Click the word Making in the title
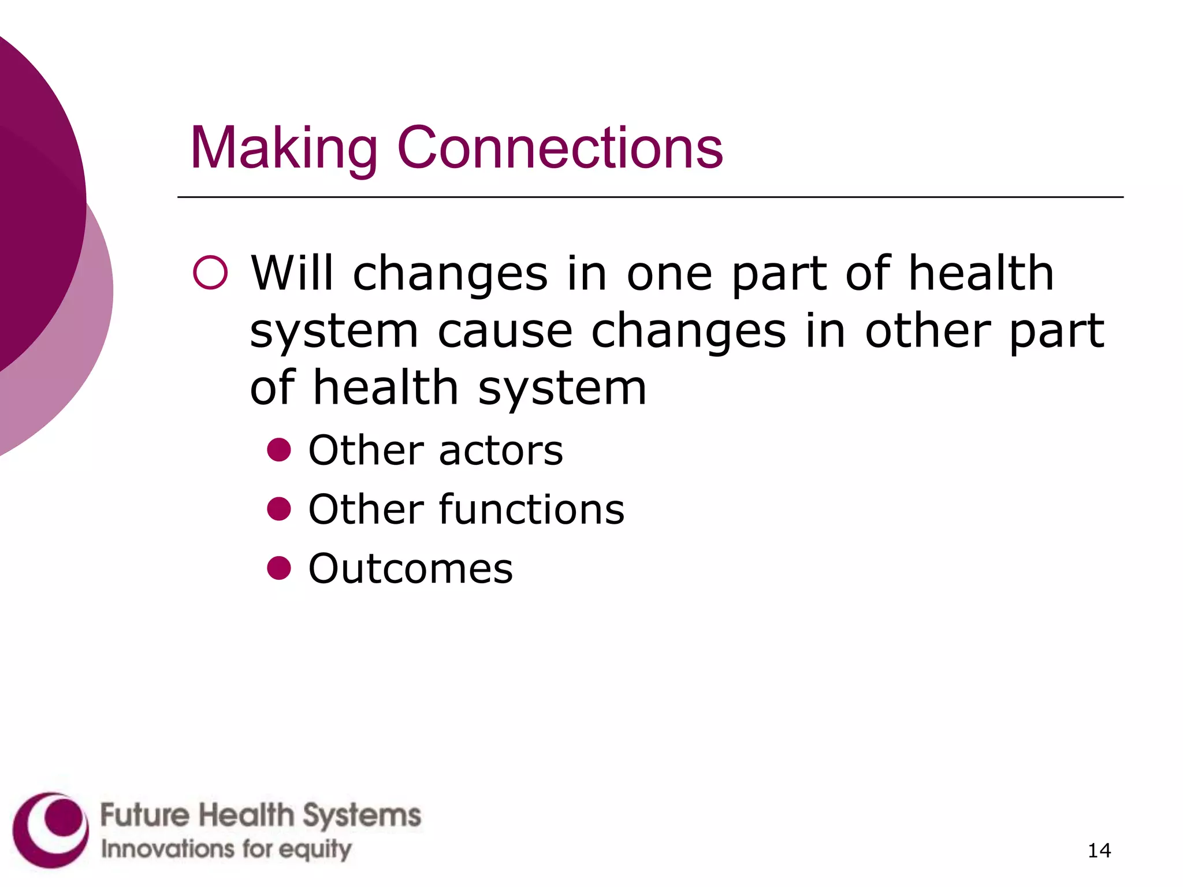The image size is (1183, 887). pyautogui.click(x=284, y=148)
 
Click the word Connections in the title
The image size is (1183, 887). pyautogui.click(x=560, y=148)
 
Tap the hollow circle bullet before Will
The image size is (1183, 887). pyautogui.click(x=210, y=273)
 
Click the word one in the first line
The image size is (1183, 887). pyautogui.click(x=669, y=274)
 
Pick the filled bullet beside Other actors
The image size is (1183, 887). pyautogui.click(x=279, y=449)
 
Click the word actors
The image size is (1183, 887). pyautogui.click(x=501, y=450)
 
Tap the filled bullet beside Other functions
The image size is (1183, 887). pyautogui.click(x=279, y=509)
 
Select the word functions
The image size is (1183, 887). pyautogui.click(x=531, y=509)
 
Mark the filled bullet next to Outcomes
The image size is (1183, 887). pyautogui.click(x=279, y=568)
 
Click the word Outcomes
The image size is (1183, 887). pyautogui.click(x=411, y=569)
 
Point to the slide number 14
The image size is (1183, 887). pyautogui.click(x=1099, y=851)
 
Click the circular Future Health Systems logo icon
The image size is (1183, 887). pyautogui.click(x=51, y=830)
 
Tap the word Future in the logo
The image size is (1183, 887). pyautogui.click(x=145, y=815)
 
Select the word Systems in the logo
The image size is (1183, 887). pyautogui.click(x=362, y=817)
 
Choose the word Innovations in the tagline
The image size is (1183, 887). pyautogui.click(x=168, y=849)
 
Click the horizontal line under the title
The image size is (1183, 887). pyautogui.click(x=650, y=197)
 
